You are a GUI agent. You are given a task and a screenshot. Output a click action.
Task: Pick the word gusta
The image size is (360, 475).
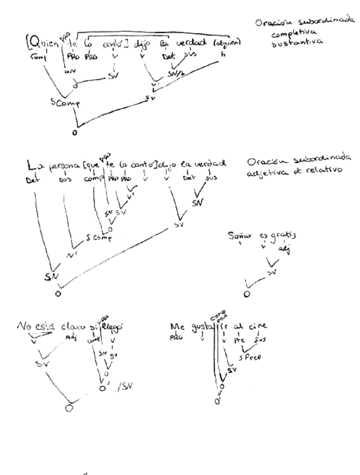pyautogui.click(x=197, y=323)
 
